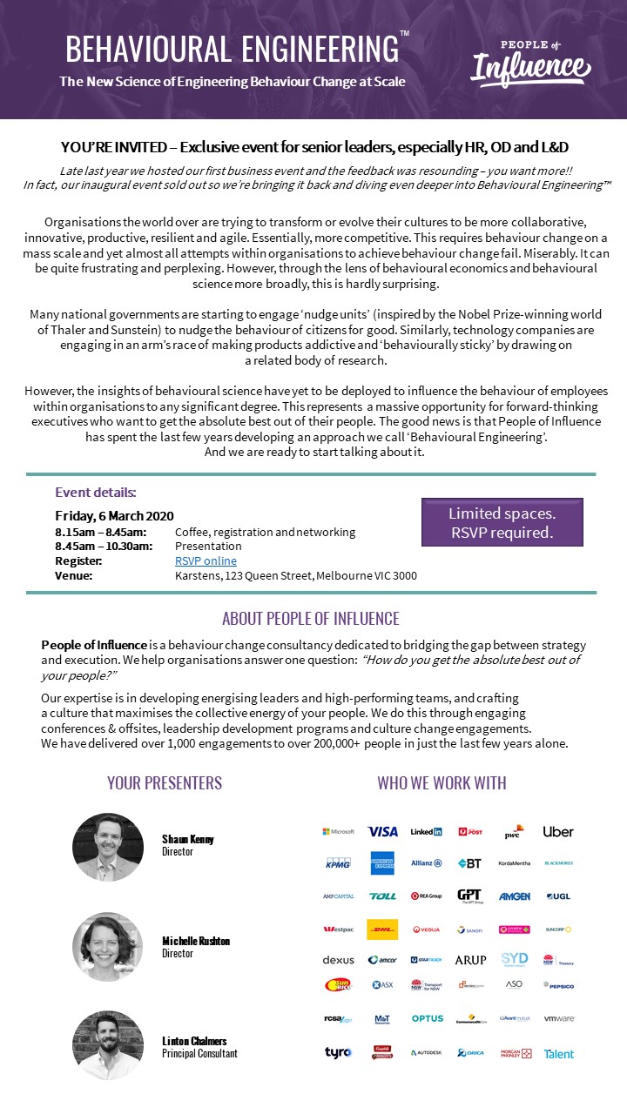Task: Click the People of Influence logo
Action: pos(530,63)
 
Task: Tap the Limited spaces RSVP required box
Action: pos(502,522)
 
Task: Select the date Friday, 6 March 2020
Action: pos(114,515)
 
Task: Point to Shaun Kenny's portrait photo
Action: pos(108,848)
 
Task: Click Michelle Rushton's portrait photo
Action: pos(108,947)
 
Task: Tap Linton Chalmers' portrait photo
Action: pos(108,1046)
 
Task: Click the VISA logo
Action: pos(382,831)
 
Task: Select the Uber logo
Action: pos(558,831)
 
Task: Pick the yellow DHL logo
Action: pos(382,929)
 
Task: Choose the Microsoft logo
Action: pos(338,831)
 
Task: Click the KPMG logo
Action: pos(338,863)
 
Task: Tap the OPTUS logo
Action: pos(427,1018)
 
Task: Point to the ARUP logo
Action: pos(470,960)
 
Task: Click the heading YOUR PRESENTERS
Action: pos(165,782)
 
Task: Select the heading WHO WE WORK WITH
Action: pos(442,782)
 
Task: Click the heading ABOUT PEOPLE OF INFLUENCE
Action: pos(311,619)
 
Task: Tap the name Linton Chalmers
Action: pos(195,1041)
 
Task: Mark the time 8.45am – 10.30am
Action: pos(104,547)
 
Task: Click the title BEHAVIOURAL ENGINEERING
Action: pos(232,50)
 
